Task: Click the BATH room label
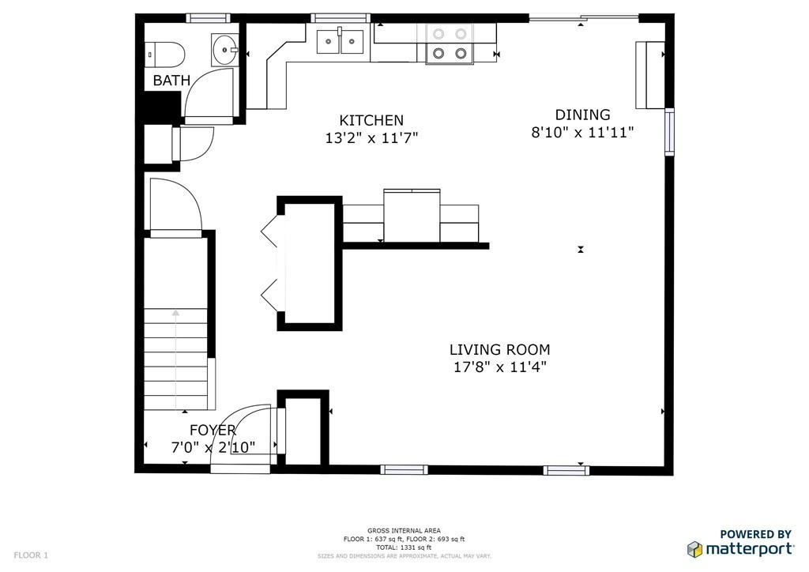pos(171,80)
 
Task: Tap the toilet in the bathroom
pos(167,54)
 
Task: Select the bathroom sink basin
pos(224,50)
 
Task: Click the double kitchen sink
pos(340,41)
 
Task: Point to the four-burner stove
pos(448,43)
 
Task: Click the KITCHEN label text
pos(371,120)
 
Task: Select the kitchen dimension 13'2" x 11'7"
pos(371,137)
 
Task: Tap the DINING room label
pos(582,115)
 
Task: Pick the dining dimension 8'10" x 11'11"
pos(582,133)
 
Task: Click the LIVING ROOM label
pos(499,349)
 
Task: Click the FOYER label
pos(213,431)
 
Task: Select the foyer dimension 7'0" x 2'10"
pos(213,448)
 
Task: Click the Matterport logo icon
pos(694,548)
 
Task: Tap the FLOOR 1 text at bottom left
pos(31,555)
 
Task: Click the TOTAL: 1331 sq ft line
pos(404,547)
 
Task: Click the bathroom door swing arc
pos(209,93)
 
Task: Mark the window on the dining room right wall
pos(670,131)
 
